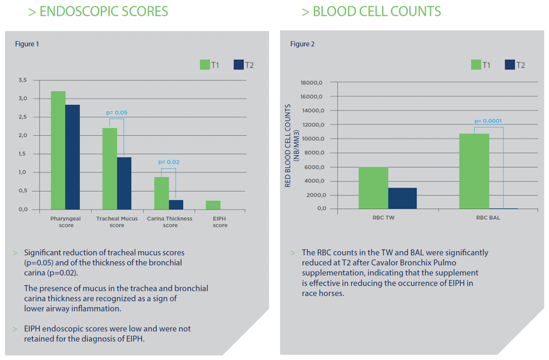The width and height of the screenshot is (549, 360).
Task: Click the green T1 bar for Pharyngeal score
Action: tap(58, 150)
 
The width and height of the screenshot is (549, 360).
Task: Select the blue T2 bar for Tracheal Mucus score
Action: tap(124, 183)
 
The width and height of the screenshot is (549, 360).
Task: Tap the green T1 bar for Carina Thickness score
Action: tap(162, 193)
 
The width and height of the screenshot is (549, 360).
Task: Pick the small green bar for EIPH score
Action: tap(213, 205)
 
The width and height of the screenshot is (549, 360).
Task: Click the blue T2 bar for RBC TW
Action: tap(402, 198)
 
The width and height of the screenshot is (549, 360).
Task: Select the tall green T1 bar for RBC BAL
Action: tap(475, 171)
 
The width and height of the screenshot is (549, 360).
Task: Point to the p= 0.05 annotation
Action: tap(117, 113)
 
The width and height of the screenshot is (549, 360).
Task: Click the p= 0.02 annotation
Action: tap(169, 162)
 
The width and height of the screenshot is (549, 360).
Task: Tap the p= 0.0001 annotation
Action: tap(488, 121)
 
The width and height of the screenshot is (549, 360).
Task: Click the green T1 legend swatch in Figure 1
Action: tap(205, 64)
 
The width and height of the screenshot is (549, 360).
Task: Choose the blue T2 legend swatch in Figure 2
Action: tap(510, 64)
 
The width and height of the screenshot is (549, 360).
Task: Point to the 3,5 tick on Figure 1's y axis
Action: tap(23, 81)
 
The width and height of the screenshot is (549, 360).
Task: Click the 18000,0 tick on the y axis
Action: tap(312, 83)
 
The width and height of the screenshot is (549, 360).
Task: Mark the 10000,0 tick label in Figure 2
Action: tap(312, 139)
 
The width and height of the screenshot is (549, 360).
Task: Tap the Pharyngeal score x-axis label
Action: tap(66, 221)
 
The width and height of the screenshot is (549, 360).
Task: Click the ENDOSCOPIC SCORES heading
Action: tap(98, 11)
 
